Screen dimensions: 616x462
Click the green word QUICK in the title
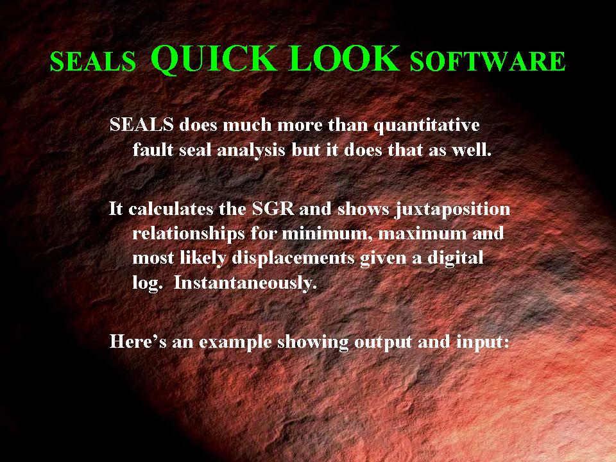click(213, 59)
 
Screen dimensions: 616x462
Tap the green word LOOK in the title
click(345, 58)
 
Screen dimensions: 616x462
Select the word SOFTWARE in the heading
click(488, 62)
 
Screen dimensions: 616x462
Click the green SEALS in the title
click(92, 62)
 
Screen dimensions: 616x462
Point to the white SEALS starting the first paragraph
click(141, 124)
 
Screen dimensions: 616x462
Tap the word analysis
click(251, 150)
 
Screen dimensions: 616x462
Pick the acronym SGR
click(273, 209)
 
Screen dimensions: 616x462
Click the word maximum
click(421, 234)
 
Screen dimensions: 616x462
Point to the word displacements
click(293, 259)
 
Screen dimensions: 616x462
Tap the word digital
click(456, 259)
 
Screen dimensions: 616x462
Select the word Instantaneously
click(245, 283)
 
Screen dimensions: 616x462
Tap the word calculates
click(171, 209)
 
